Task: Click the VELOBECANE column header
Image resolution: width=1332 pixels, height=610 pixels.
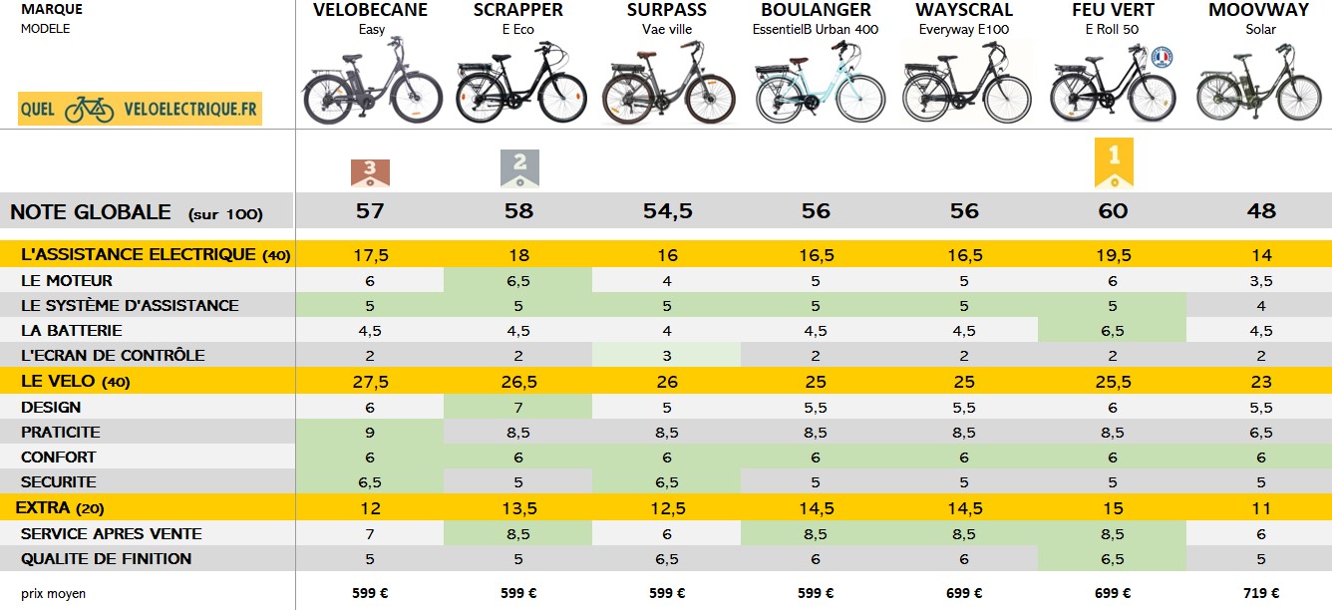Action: [x=371, y=10]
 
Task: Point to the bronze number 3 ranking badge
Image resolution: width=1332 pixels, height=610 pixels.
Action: [x=371, y=172]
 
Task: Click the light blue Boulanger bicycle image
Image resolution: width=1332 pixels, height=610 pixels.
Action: [x=816, y=87]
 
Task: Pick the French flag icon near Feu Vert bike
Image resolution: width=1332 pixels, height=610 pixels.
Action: [x=1161, y=57]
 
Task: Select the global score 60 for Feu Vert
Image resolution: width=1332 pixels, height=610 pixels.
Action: [x=1113, y=211]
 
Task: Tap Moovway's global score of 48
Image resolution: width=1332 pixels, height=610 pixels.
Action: [x=1260, y=211]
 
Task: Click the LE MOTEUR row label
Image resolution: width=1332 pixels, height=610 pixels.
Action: [x=67, y=281]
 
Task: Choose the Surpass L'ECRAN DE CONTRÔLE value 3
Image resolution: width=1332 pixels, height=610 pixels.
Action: [x=667, y=356]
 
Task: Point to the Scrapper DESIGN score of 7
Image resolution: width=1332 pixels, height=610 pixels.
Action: [x=518, y=408]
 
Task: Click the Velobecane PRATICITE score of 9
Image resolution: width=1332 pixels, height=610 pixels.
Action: [x=371, y=433]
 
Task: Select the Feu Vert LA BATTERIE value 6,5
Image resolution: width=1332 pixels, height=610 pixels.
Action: [x=1113, y=331]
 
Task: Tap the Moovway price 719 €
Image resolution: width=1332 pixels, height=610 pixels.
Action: [x=1260, y=593]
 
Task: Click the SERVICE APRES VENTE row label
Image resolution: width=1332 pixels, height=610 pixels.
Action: [x=111, y=534]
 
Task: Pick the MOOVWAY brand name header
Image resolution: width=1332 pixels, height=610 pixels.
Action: [x=1260, y=10]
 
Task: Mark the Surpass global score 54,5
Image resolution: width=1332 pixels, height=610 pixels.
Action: [x=667, y=211]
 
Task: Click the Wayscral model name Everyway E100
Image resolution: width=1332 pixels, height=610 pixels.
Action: [x=964, y=29]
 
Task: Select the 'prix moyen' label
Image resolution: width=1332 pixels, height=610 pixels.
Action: [x=53, y=593]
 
